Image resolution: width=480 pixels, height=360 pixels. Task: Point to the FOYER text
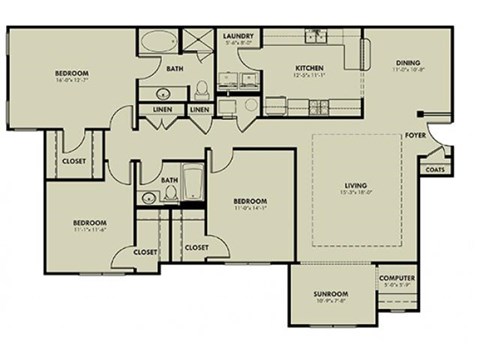point(415,134)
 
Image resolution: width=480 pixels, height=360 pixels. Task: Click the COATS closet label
point(435,169)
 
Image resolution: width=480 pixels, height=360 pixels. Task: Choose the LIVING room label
point(355,186)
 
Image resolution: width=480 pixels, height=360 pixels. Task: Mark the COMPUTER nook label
point(397,278)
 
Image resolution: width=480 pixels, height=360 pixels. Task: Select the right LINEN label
point(200,109)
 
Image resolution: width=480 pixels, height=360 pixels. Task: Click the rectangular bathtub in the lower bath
point(191,183)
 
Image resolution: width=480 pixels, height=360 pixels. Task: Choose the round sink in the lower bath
point(148,199)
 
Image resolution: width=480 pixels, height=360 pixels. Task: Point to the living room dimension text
point(355,194)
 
